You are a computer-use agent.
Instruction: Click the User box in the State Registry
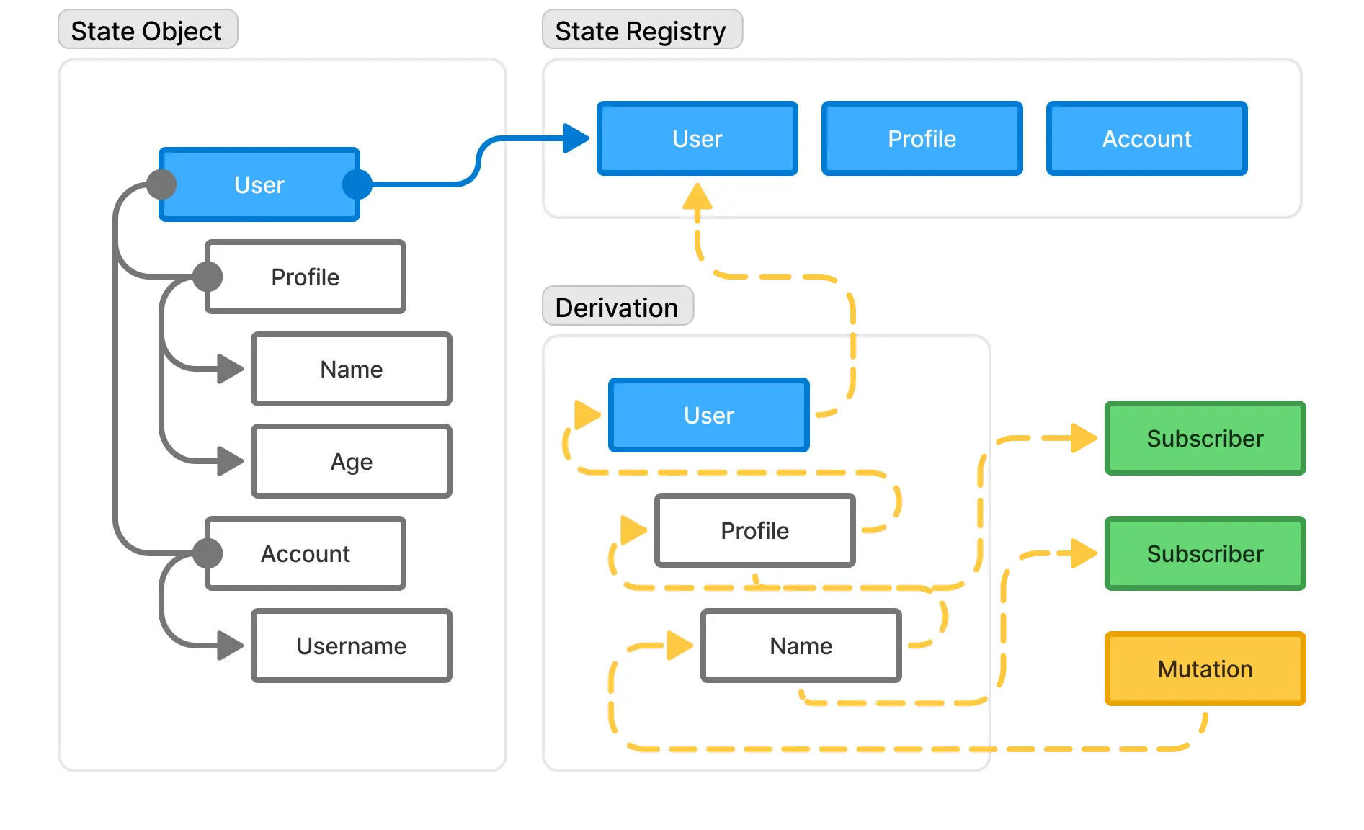point(697,138)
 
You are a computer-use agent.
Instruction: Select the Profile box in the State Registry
point(922,138)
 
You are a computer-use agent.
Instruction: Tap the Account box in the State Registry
point(1146,138)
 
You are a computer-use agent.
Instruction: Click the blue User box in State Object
point(259,184)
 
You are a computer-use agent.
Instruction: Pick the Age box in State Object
point(352,461)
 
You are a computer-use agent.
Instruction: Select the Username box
point(352,646)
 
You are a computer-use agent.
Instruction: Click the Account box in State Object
point(306,553)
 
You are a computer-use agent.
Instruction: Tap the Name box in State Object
point(352,369)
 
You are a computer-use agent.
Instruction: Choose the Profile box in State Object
point(306,277)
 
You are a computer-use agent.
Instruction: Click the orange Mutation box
point(1205,669)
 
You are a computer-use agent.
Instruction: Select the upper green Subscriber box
point(1205,438)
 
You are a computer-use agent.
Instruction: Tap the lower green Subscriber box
point(1205,553)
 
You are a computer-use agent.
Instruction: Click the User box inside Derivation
point(709,415)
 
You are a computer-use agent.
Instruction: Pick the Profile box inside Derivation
point(754,530)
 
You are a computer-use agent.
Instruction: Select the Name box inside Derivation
point(801,646)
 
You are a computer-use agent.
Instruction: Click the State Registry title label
point(641,31)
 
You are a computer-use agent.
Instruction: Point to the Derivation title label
point(617,308)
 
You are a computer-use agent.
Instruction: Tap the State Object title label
point(146,31)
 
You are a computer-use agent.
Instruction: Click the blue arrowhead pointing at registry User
point(576,138)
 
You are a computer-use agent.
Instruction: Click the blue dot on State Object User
point(357,184)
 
